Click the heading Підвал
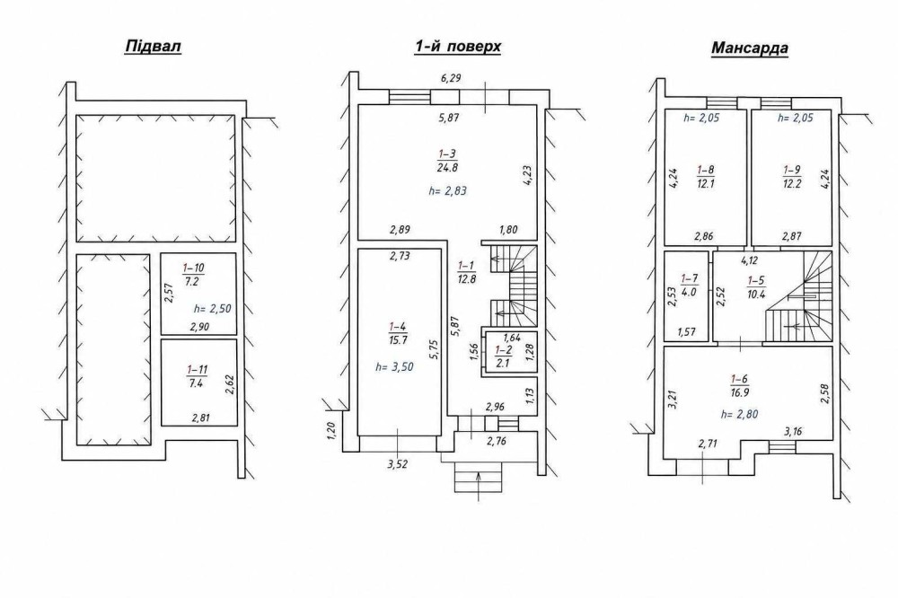click(153, 47)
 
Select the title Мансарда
click(749, 48)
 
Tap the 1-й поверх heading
click(458, 47)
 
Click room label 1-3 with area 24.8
click(447, 161)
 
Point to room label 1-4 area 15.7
click(398, 333)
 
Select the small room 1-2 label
click(504, 356)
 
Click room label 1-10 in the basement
click(194, 275)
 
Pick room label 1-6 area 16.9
click(740, 386)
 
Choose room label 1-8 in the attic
click(706, 177)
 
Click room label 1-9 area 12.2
click(792, 177)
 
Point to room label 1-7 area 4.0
click(689, 285)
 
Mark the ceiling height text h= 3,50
click(394, 367)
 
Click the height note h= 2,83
click(448, 191)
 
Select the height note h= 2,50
click(213, 309)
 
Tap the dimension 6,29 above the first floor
click(451, 78)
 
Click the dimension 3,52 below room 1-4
click(398, 464)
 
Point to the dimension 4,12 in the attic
click(749, 260)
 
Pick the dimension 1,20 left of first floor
click(330, 431)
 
